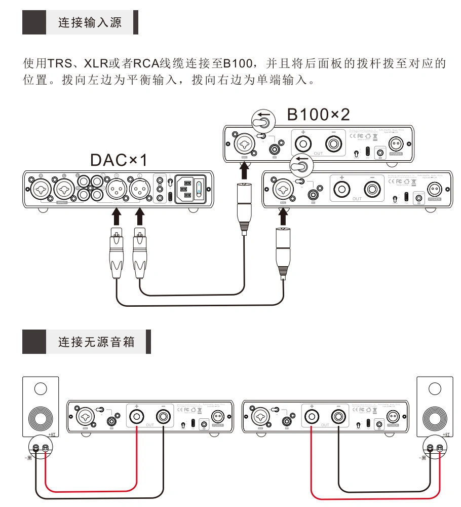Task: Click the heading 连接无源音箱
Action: pyautogui.click(x=96, y=342)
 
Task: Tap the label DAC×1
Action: pyautogui.click(x=119, y=160)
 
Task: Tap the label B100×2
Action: pyautogui.click(x=318, y=115)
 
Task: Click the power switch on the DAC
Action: pyautogui.click(x=200, y=190)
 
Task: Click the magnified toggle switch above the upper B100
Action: pyautogui.click(x=262, y=122)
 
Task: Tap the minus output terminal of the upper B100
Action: pyautogui.click(x=334, y=144)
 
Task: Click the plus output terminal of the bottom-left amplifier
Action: pyautogui.click(x=137, y=417)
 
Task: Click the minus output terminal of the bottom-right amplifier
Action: pyautogui.click(x=338, y=417)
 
